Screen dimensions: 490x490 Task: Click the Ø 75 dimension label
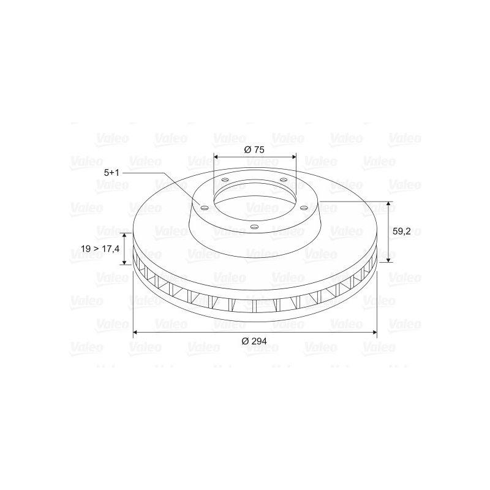(254, 149)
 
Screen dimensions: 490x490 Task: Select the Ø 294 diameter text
(254, 341)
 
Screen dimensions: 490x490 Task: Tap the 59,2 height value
(402, 232)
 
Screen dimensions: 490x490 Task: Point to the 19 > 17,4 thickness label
(100, 249)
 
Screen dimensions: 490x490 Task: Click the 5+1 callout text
(111, 173)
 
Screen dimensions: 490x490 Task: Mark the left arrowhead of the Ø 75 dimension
(216, 157)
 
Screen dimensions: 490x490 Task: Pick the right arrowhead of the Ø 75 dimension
(293, 157)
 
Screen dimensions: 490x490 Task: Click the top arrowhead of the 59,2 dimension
(388, 204)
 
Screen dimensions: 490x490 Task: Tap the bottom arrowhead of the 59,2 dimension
(388, 259)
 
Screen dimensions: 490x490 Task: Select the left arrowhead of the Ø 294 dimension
(136, 332)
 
